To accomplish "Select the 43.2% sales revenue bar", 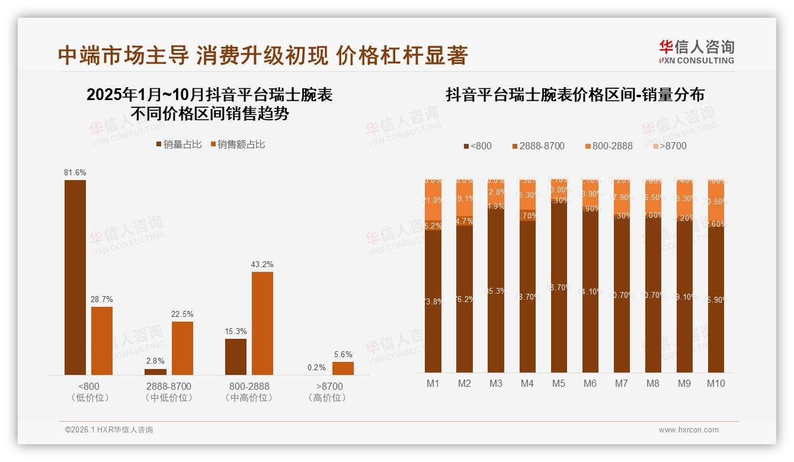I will click(x=262, y=323).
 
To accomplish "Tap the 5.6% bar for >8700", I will click(x=342, y=368).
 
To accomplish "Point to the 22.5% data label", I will click(x=183, y=314).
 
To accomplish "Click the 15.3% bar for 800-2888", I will click(x=236, y=357).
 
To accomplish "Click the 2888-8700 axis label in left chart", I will click(x=169, y=386).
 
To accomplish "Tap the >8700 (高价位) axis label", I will click(x=326, y=392).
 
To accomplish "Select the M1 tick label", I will click(x=433, y=383).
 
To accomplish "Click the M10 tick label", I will click(x=716, y=383).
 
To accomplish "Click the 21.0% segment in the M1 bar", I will click(x=433, y=201).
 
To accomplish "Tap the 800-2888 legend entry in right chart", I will click(x=609, y=146).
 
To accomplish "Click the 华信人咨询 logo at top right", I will click(x=696, y=52).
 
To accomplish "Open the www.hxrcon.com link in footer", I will click(x=689, y=430).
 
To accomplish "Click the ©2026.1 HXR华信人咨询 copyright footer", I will click(x=108, y=430).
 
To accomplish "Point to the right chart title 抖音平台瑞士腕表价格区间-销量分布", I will click(x=575, y=95).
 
